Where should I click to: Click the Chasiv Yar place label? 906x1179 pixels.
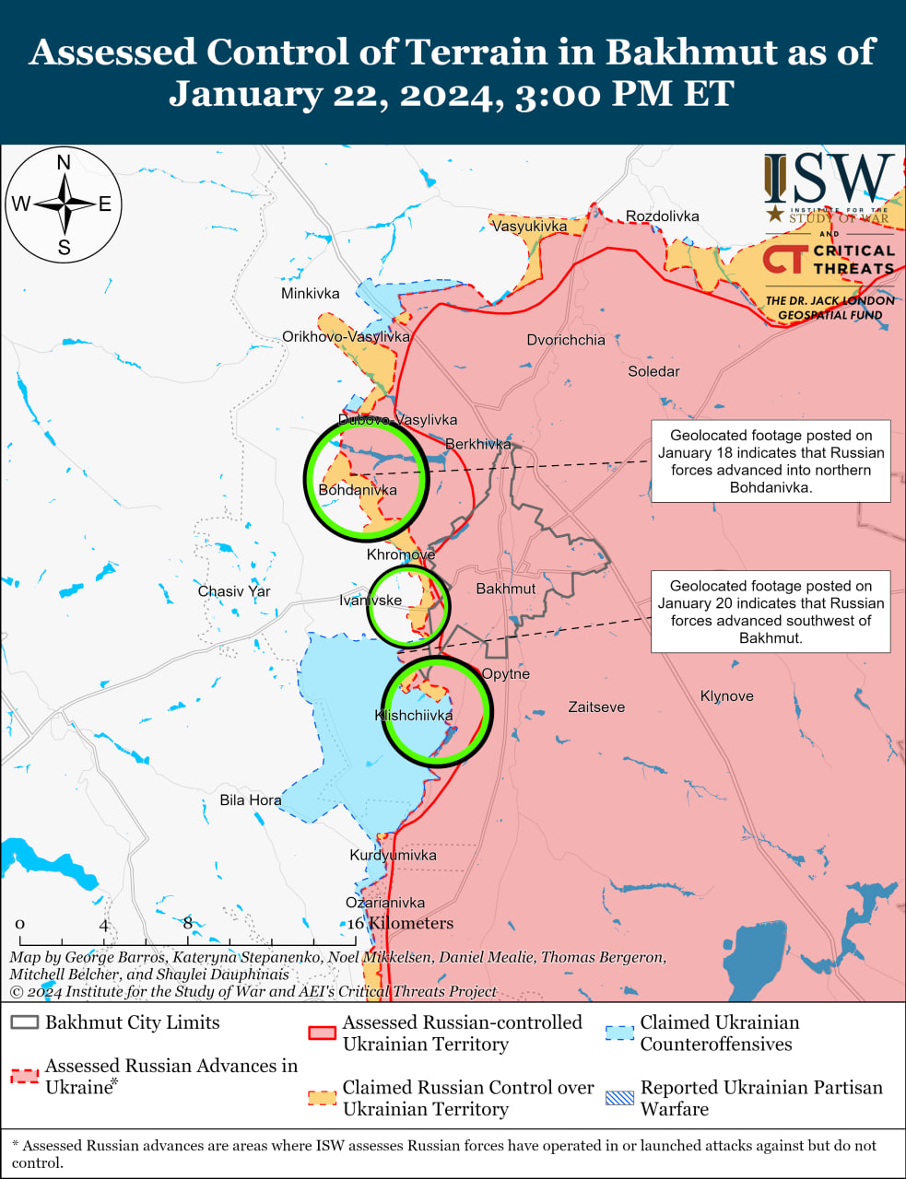[x=234, y=591]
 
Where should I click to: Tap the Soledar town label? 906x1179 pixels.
[x=653, y=371]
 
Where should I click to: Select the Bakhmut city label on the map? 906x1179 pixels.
[x=505, y=589]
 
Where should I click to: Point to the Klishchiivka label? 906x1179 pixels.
[x=414, y=715]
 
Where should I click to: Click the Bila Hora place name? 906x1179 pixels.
[x=250, y=800]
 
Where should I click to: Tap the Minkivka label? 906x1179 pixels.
[x=310, y=293]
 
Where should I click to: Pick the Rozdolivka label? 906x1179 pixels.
[x=662, y=216]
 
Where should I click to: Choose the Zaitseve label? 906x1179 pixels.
[x=596, y=706]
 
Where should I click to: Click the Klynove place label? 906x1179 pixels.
[x=726, y=695]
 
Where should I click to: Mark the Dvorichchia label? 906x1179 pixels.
[x=566, y=339]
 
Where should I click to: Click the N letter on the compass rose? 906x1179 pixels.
[x=64, y=163]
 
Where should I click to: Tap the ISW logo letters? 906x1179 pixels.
[x=829, y=179]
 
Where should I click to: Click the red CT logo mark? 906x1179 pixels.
[x=783, y=259]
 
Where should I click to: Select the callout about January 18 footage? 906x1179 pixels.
[x=771, y=461]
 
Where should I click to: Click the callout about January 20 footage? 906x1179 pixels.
[x=771, y=612]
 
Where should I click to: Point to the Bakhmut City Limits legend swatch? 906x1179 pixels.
[x=25, y=1022]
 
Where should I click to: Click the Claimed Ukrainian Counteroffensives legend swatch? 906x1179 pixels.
[x=620, y=1033]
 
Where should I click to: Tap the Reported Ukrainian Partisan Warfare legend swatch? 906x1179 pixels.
[x=620, y=1098]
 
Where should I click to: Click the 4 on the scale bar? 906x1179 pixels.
[x=104, y=925]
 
